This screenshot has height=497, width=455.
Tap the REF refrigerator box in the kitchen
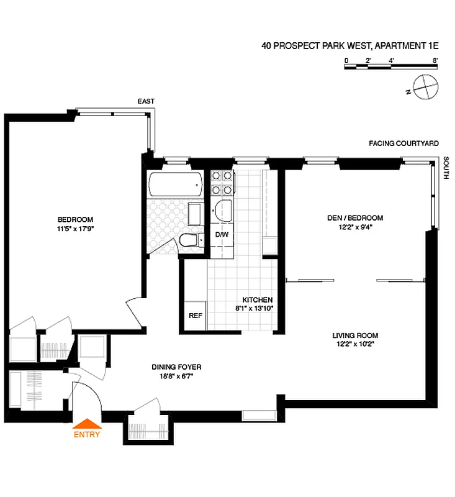point(196,314)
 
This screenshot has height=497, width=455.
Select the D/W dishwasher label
point(222,235)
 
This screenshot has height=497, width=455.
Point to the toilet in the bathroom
point(187,240)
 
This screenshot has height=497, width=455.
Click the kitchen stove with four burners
point(222,181)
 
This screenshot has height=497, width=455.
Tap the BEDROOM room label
point(75,219)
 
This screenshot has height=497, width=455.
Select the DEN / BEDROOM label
point(355,218)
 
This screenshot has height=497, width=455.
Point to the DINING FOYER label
point(176,367)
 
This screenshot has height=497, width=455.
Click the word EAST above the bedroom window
point(146,101)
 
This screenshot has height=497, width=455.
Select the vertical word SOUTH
point(446,169)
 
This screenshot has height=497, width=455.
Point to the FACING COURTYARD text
point(403,144)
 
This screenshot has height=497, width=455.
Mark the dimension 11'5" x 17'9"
point(75,228)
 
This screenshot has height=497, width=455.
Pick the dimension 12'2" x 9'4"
point(355,227)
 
